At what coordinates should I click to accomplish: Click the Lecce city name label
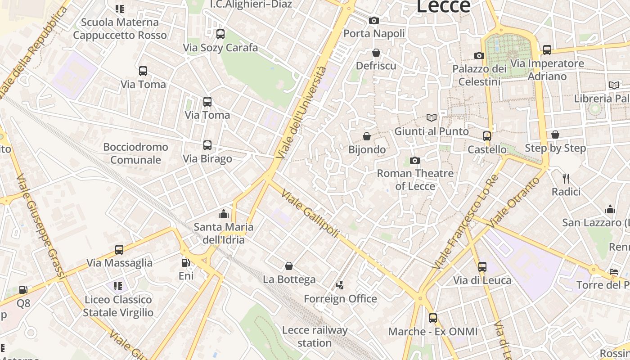[443, 6]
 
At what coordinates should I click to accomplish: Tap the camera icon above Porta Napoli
[373, 20]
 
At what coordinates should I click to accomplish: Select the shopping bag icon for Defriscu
[376, 53]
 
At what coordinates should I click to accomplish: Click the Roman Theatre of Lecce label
[415, 180]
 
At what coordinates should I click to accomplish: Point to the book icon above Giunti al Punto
[432, 118]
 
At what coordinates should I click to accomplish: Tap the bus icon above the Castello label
[486, 136]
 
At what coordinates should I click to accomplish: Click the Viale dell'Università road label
[302, 112]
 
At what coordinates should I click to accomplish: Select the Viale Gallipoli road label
[310, 213]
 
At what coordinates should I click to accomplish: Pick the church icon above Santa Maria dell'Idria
[223, 214]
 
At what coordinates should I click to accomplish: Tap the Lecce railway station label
[315, 337]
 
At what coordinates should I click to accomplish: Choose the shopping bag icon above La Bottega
[289, 266]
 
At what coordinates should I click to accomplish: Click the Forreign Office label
[340, 299]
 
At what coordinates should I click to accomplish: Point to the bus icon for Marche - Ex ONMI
[432, 318]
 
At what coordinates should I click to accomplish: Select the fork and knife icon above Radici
[566, 179]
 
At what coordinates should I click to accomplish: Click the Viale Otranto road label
[514, 202]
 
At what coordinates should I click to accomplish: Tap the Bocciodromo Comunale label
[135, 153]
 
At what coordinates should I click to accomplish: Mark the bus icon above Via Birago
[207, 145]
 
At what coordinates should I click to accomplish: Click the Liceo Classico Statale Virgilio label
[118, 306]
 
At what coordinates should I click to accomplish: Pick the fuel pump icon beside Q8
[23, 290]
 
